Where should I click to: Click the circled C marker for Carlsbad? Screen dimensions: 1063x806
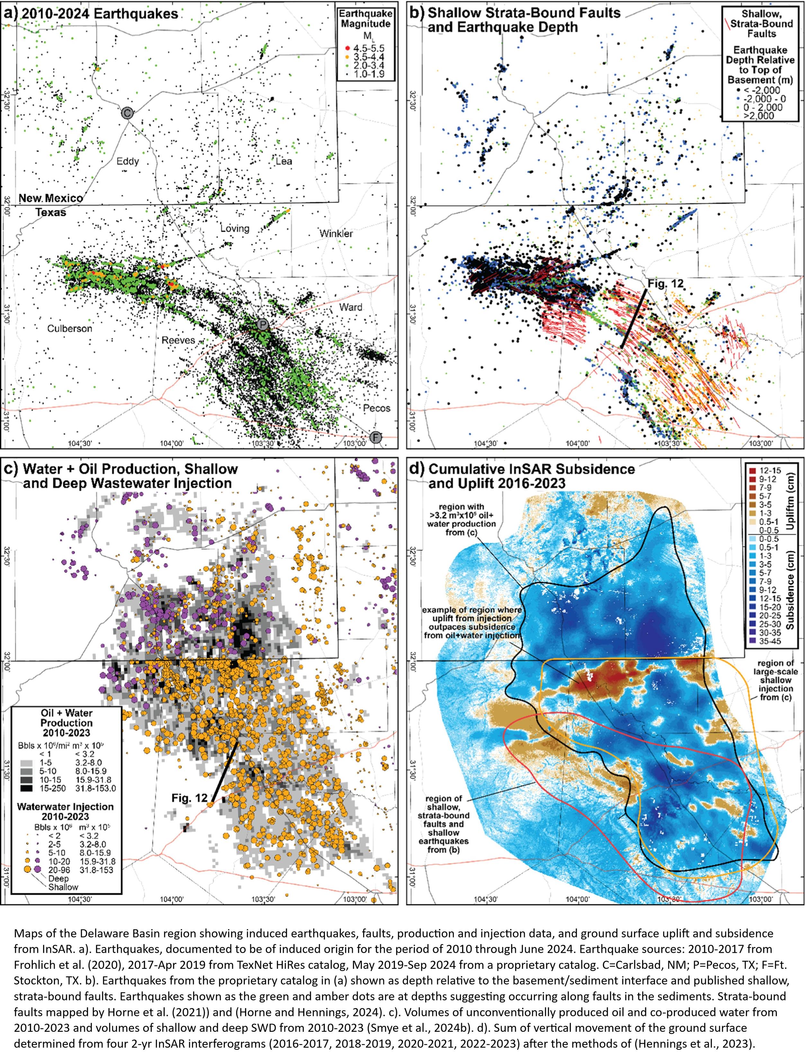127,113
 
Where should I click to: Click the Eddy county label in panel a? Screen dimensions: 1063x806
128,161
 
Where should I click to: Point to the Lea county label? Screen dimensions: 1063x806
284,161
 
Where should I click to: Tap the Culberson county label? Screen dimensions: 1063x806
70,329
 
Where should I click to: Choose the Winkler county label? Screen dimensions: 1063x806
336,234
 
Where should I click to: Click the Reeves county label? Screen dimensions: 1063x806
178,340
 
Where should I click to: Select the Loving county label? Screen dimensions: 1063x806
235,228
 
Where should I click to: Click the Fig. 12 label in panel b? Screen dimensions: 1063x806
665,284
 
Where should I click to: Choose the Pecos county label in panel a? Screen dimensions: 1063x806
377,409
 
